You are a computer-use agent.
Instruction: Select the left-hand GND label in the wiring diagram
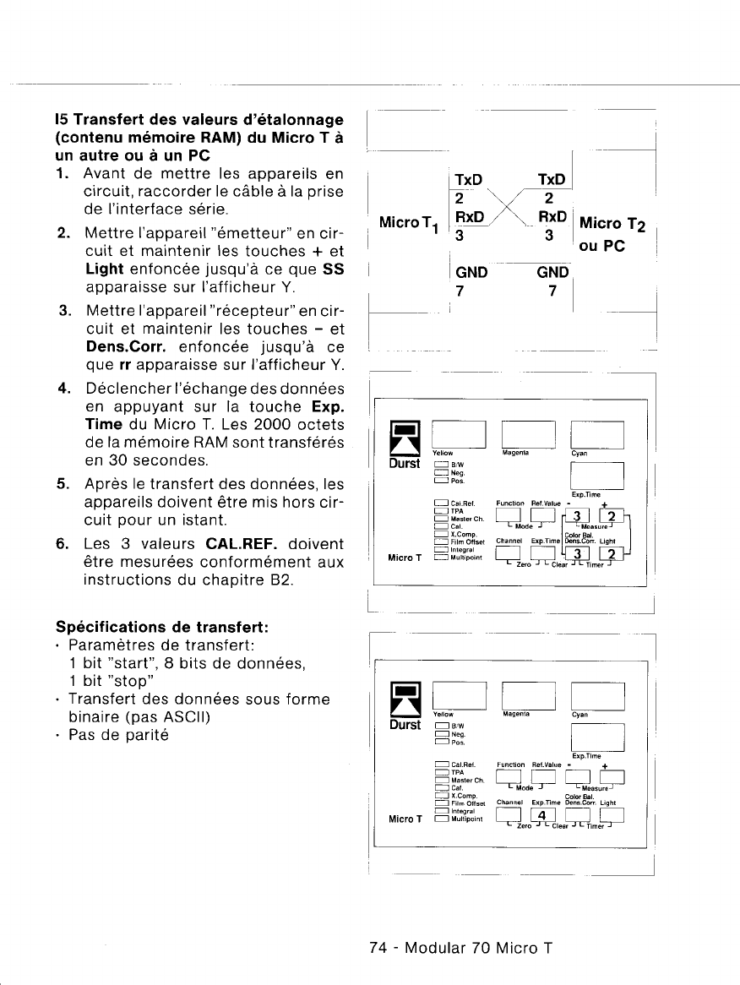click(x=472, y=274)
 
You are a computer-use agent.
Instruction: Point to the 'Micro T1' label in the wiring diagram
click(x=410, y=223)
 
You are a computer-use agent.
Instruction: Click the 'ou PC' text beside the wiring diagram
click(x=601, y=250)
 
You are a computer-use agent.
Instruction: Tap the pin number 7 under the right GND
click(x=552, y=291)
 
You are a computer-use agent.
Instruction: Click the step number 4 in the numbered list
click(x=63, y=388)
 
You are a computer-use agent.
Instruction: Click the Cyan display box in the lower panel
click(x=597, y=696)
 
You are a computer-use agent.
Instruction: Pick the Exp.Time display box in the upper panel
click(x=597, y=477)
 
